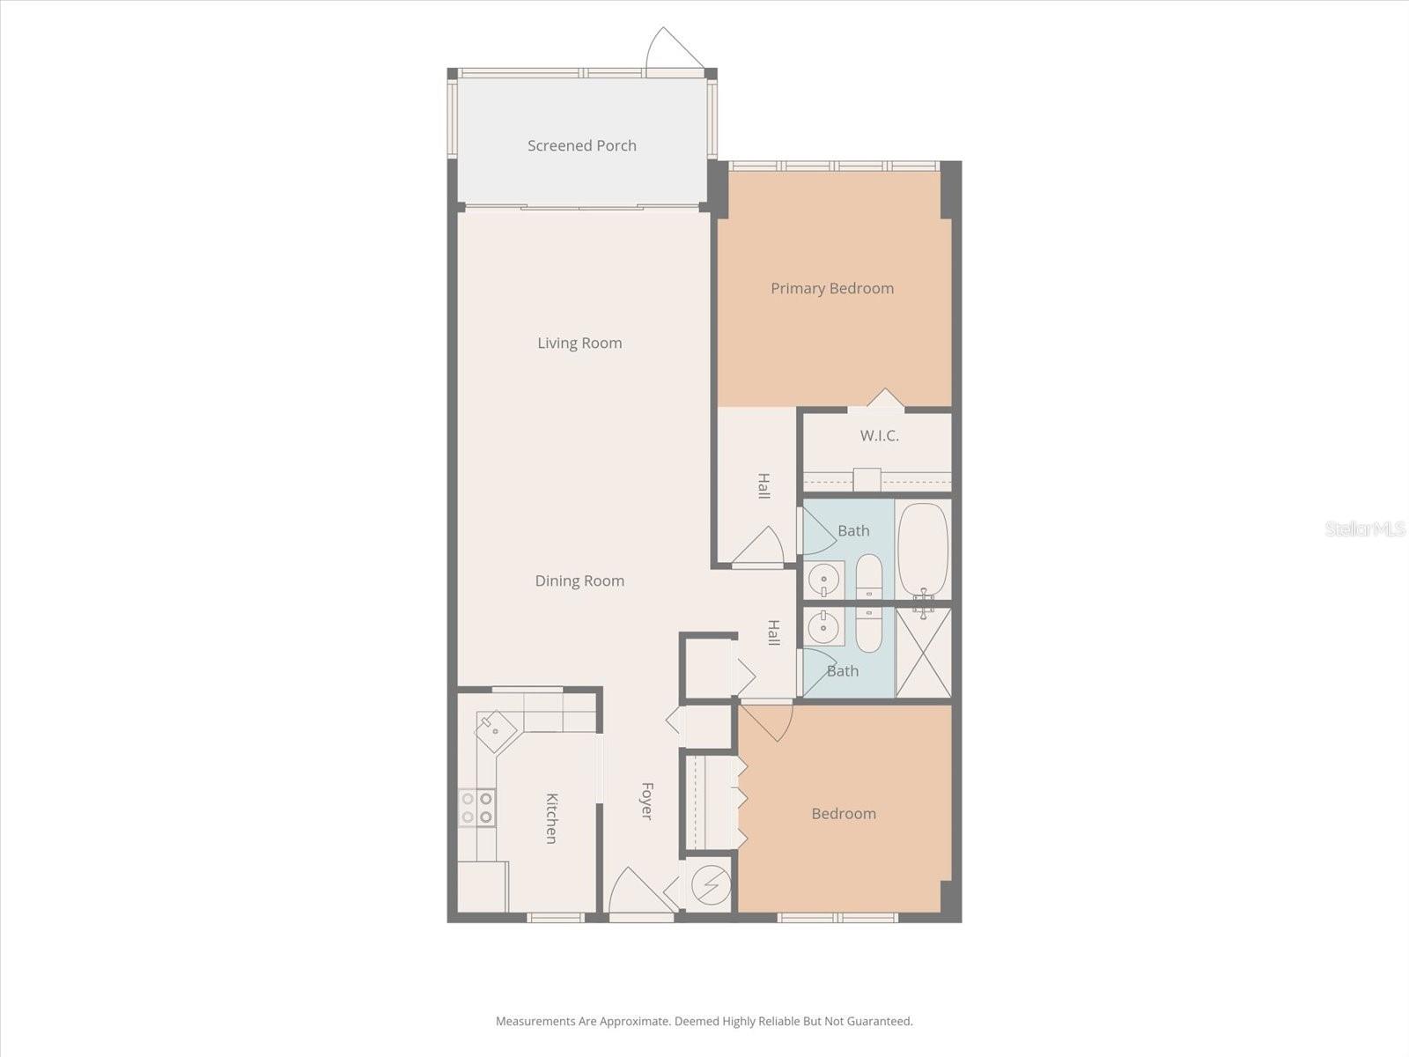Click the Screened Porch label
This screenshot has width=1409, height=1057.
pyautogui.click(x=582, y=145)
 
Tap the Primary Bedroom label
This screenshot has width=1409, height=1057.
pyautogui.click(x=832, y=288)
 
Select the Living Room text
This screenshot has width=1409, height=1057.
pyautogui.click(x=579, y=343)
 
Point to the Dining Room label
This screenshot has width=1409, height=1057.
pyautogui.click(x=579, y=580)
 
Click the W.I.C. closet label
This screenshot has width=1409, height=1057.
pyautogui.click(x=879, y=435)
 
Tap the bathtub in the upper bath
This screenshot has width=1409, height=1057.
pyautogui.click(x=923, y=550)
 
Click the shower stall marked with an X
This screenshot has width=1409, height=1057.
pyautogui.click(x=923, y=653)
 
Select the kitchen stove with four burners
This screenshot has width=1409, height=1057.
pyautogui.click(x=476, y=808)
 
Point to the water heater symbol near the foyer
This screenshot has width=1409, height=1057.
pyautogui.click(x=710, y=884)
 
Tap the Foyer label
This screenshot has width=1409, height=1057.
pyautogui.click(x=646, y=801)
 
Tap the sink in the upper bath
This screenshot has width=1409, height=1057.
pyautogui.click(x=824, y=580)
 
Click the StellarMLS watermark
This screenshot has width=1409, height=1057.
pyautogui.click(x=1364, y=529)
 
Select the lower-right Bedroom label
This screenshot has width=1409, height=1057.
pyautogui.click(x=844, y=813)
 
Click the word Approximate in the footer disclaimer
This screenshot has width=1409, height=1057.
pyautogui.click(x=633, y=1022)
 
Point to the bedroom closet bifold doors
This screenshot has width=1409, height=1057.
pyautogui.click(x=741, y=799)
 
